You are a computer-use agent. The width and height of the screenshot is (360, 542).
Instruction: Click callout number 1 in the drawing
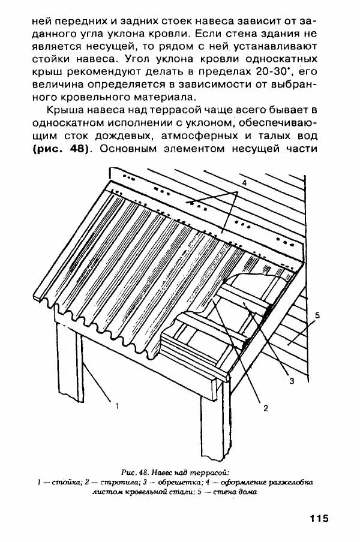click(117, 406)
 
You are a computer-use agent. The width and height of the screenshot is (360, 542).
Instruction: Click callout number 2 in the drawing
click(265, 409)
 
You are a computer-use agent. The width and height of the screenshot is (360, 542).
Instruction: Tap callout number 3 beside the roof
click(291, 380)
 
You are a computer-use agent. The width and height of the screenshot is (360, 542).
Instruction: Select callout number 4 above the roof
click(244, 181)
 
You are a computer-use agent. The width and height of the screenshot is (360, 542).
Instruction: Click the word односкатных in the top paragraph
click(288, 58)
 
